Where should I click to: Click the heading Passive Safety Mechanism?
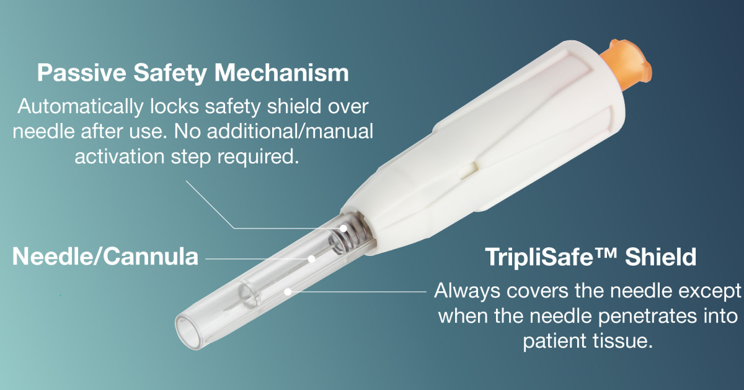coord(193,73)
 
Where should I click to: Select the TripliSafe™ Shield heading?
coord(590,256)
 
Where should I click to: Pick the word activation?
coord(119,156)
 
